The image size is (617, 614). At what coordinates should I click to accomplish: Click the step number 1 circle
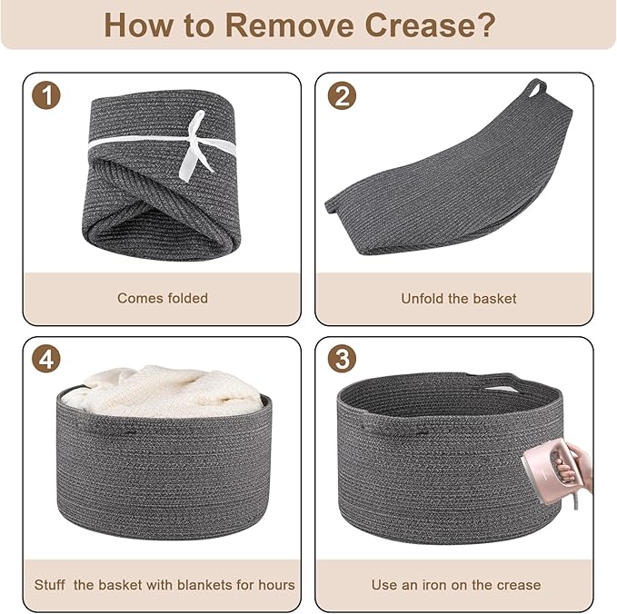(46, 94)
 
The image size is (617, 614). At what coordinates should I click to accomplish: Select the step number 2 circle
(342, 95)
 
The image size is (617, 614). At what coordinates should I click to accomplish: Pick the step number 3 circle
(342, 359)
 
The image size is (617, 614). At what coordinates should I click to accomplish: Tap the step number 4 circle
(46, 359)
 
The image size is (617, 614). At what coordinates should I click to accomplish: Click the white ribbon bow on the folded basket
(194, 145)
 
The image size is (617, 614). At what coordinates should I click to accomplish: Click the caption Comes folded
(163, 298)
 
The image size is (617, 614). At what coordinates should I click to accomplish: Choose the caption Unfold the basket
(458, 299)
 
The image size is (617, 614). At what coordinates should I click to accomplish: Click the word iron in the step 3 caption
(435, 585)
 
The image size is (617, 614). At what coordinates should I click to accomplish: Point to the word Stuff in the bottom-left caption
(50, 585)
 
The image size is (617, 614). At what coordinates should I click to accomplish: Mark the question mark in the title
(488, 25)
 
